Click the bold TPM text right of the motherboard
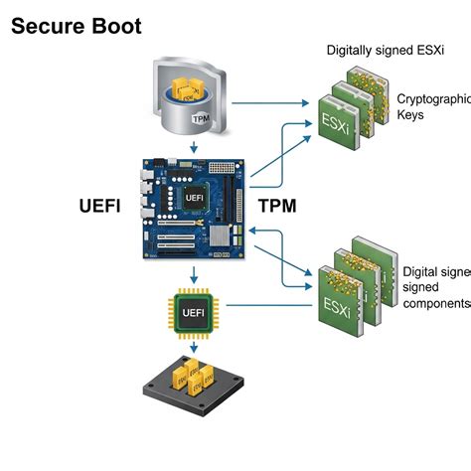[278, 208]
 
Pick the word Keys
[414, 115]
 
